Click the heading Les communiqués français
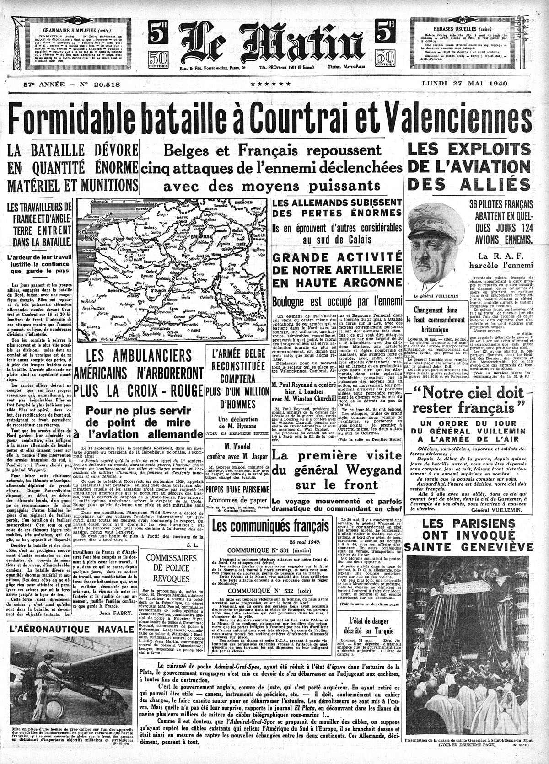(x=267, y=525)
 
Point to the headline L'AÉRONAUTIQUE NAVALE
(x=70, y=629)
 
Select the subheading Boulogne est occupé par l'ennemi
(x=337, y=301)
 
